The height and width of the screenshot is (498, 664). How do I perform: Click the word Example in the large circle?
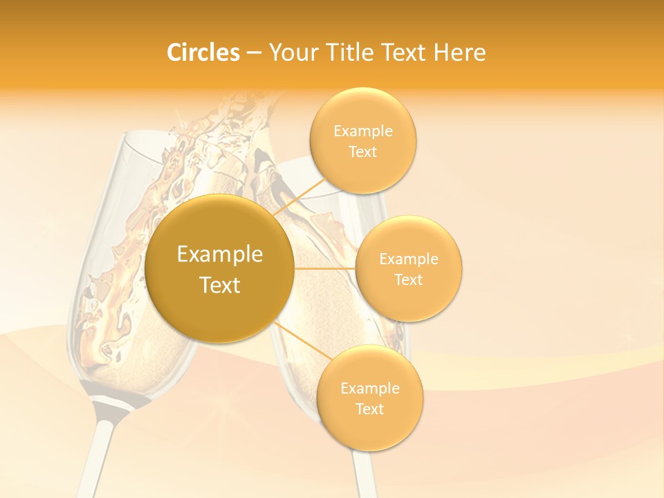click(x=220, y=255)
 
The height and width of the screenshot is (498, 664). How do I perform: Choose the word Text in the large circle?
click(x=220, y=285)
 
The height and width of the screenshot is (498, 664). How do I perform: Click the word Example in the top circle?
click(x=363, y=131)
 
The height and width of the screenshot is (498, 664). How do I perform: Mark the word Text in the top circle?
click(x=362, y=152)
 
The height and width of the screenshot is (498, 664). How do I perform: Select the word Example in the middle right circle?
click(x=409, y=259)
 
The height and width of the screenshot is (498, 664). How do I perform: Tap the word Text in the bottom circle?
click(x=369, y=409)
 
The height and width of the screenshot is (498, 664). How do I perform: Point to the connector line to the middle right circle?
click(x=324, y=268)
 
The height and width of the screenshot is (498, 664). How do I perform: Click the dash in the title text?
click(x=254, y=53)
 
